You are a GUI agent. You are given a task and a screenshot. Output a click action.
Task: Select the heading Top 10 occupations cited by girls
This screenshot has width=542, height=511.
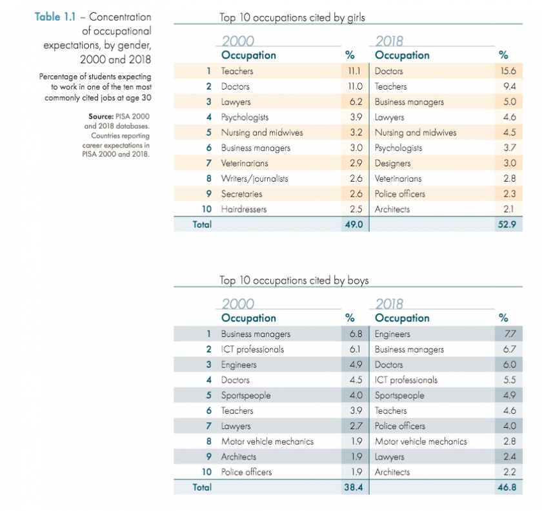(x=297, y=18)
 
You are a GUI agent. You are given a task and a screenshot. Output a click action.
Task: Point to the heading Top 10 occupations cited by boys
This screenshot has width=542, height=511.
(x=294, y=280)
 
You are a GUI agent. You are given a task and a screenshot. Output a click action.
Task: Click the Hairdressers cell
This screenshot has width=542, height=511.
(x=244, y=209)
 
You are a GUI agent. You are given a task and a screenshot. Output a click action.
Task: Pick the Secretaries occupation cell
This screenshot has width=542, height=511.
(x=241, y=194)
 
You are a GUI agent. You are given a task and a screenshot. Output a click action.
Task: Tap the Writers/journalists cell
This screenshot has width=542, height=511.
(x=254, y=178)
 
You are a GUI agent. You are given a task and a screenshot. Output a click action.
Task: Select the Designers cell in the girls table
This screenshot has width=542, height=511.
(x=393, y=163)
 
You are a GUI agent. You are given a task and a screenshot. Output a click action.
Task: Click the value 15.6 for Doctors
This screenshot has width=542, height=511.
(x=508, y=71)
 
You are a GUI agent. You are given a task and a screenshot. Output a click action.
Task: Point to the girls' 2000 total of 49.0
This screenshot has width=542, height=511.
(x=353, y=225)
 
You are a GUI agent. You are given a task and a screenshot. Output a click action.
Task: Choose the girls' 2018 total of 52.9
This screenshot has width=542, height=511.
(x=507, y=225)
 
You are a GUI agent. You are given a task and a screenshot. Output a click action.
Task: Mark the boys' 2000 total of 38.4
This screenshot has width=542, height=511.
(x=353, y=488)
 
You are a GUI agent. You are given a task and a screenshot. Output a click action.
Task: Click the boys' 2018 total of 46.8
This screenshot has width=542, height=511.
(x=507, y=488)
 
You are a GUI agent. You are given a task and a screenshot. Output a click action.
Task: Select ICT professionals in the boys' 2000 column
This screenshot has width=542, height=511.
(x=252, y=349)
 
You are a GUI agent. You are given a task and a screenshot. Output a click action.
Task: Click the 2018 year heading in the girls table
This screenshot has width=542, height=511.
(x=390, y=42)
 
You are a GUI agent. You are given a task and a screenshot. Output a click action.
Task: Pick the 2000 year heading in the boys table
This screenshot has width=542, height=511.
(x=237, y=304)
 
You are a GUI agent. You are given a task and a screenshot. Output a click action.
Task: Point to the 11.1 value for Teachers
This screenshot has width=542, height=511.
(x=354, y=71)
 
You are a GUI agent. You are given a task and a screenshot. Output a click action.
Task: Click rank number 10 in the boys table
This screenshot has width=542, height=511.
(x=206, y=472)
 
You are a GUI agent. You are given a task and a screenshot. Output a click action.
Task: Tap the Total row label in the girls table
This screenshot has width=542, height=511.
(x=202, y=225)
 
